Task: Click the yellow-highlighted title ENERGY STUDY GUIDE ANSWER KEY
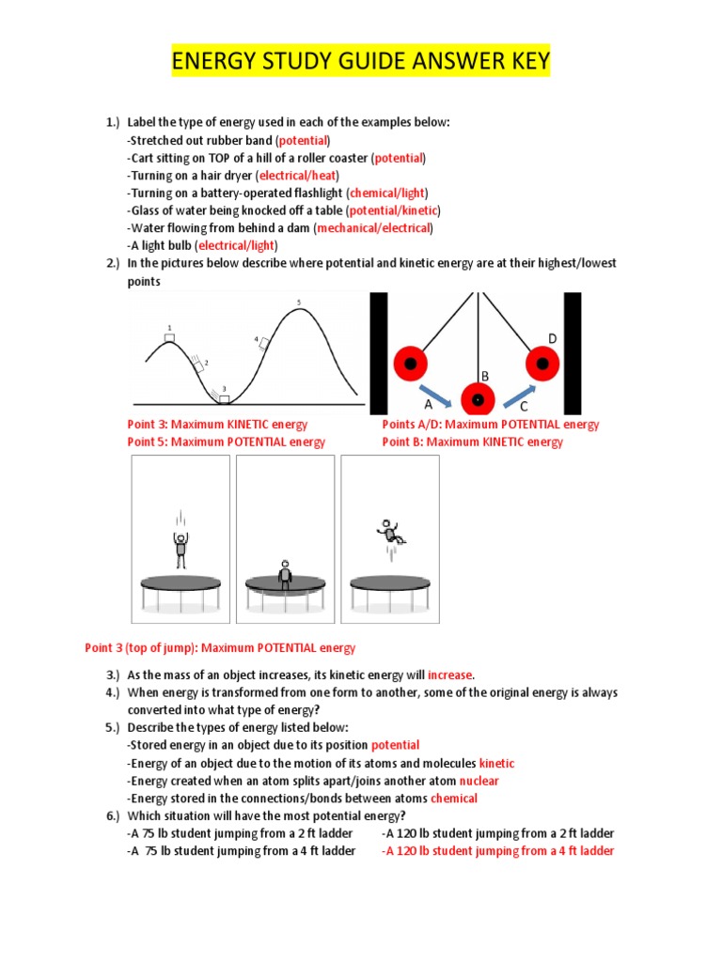pos(360,64)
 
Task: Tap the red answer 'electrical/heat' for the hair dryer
pos(298,176)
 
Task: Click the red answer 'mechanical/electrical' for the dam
pos(374,228)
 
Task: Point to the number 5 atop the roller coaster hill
pos(299,303)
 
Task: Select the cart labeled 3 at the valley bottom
pos(224,399)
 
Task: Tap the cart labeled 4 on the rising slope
pos(264,343)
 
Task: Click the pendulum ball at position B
pos(478,400)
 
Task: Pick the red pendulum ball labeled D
pos(542,363)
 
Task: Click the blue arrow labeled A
pos(439,395)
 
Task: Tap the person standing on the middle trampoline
pos(285,573)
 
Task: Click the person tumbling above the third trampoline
pos(390,533)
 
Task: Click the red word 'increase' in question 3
pos(450,675)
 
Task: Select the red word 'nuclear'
pos(479,781)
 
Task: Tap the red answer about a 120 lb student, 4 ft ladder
pos(497,851)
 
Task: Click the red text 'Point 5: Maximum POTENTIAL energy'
pos(226,442)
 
